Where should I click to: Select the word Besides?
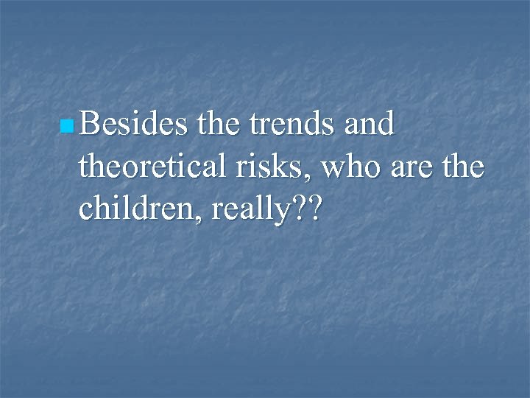tap(134, 125)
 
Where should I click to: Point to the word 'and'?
tap(370, 125)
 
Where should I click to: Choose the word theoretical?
tap(149, 168)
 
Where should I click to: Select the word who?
tap(327, 168)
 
